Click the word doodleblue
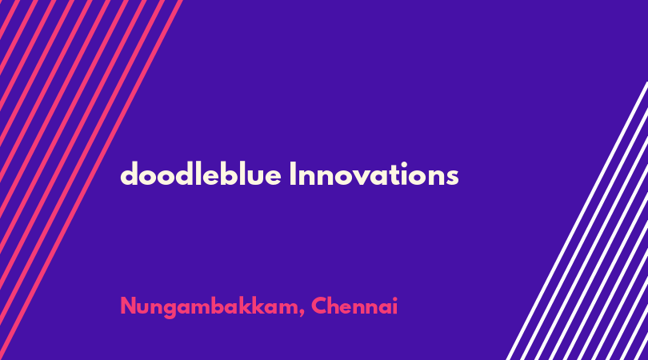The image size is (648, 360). tap(201, 174)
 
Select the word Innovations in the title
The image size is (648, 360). tap(374, 174)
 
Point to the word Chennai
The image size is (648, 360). tap(354, 306)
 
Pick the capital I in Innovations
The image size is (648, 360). tap(293, 174)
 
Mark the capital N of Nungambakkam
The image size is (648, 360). tap(129, 306)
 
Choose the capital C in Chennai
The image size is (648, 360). tap(319, 306)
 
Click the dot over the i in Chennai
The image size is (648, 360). tap(394, 299)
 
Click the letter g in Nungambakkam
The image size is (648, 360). tap(172, 310)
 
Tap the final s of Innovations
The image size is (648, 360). tap(452, 178)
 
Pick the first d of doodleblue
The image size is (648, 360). tap(130, 174)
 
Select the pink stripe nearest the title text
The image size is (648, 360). tap(91, 180)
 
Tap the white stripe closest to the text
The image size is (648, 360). tap(577, 221)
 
